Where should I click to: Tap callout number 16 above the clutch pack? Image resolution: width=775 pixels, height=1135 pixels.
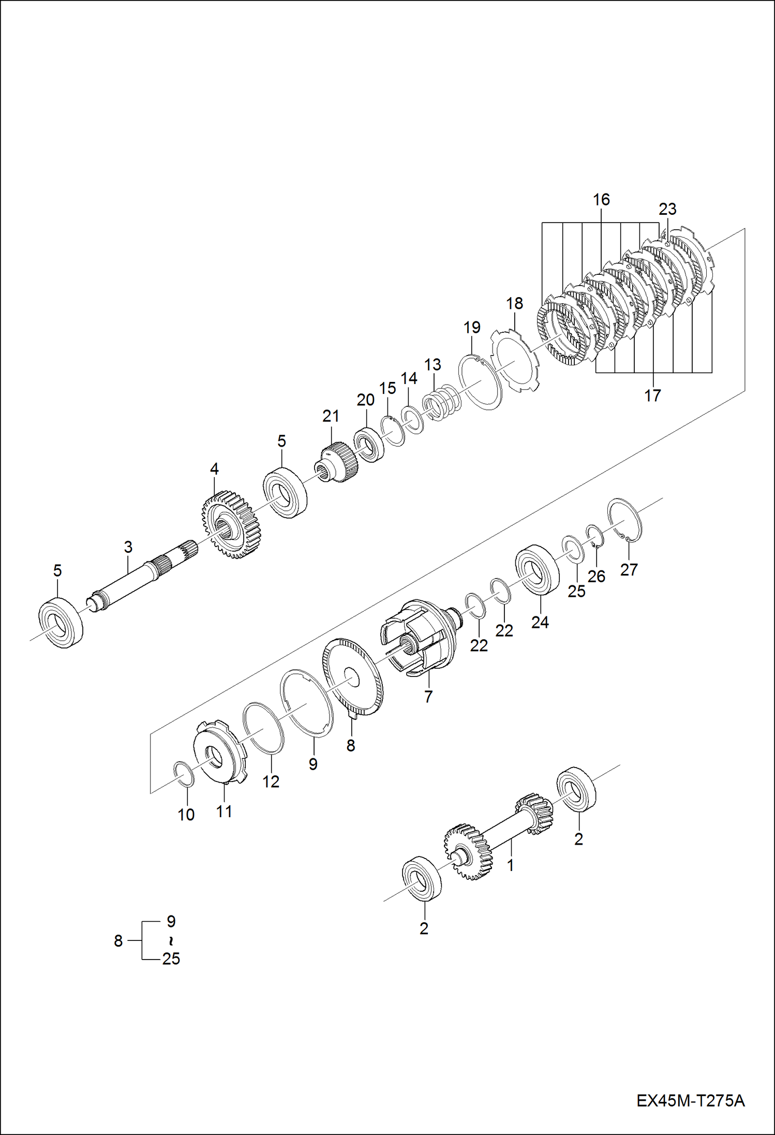[x=601, y=199]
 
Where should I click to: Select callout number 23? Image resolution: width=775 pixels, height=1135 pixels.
[x=667, y=209]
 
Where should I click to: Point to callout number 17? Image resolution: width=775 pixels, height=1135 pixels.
[x=652, y=395]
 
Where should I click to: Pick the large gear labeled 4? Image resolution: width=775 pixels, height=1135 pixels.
[x=231, y=524]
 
